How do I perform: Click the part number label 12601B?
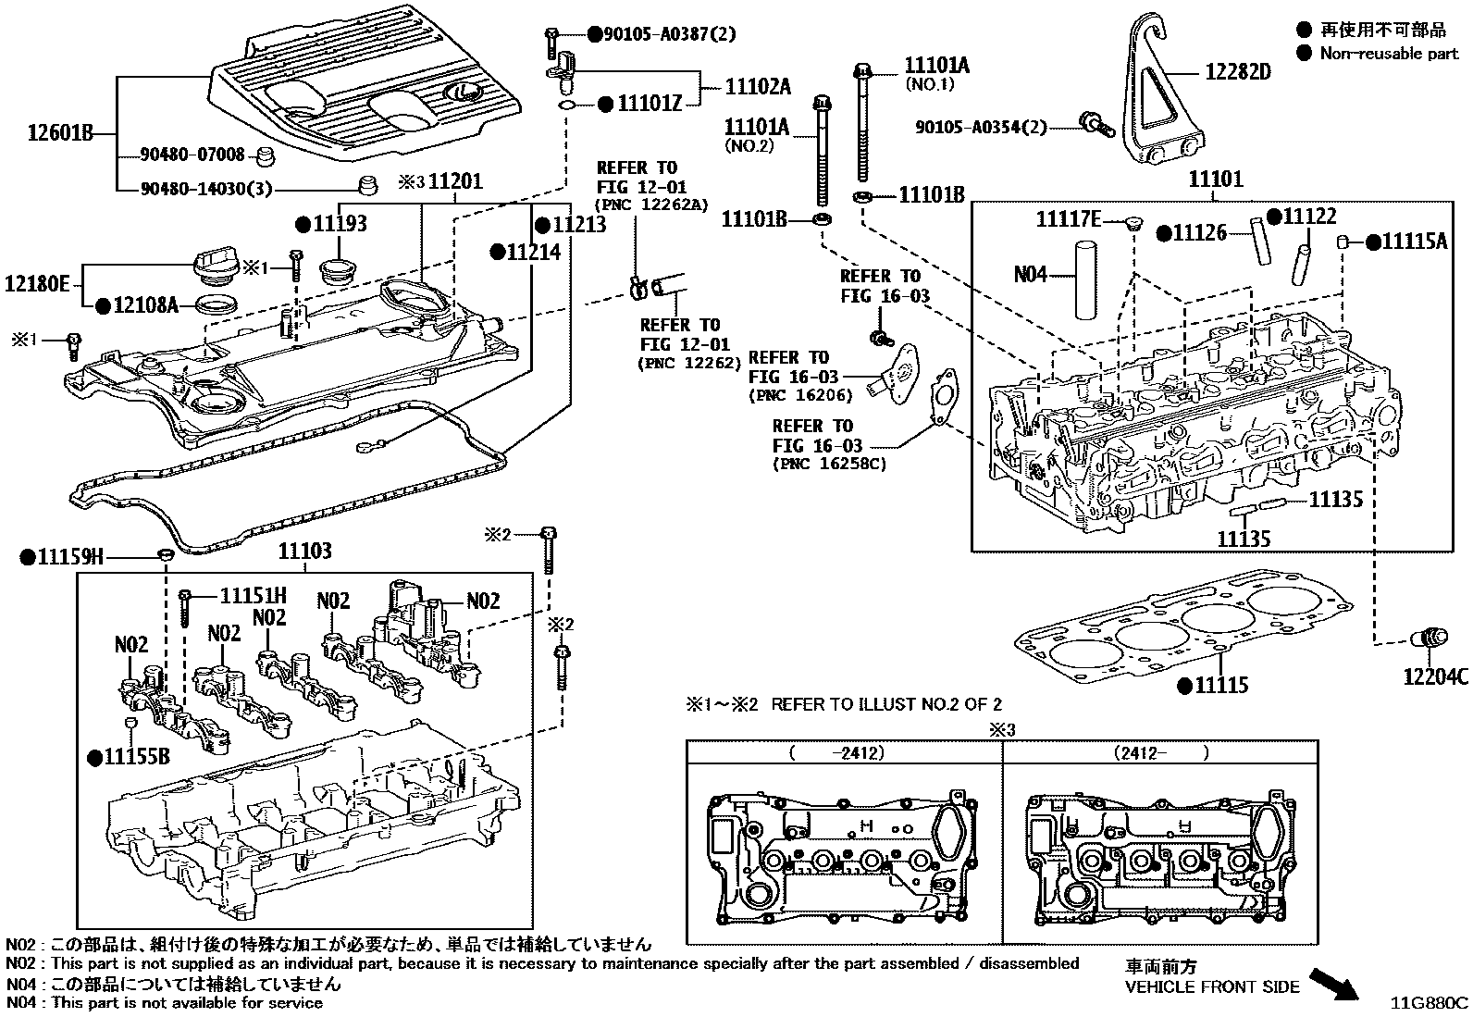pyautogui.click(x=60, y=133)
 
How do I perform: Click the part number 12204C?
pyautogui.click(x=1435, y=676)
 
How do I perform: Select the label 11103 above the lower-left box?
pyautogui.click(x=304, y=552)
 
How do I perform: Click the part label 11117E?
pyautogui.click(x=1068, y=218)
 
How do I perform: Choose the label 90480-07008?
pyautogui.click(x=192, y=155)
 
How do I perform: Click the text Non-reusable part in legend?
pyautogui.click(x=1388, y=53)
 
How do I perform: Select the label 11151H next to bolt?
pyautogui.click(x=253, y=597)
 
